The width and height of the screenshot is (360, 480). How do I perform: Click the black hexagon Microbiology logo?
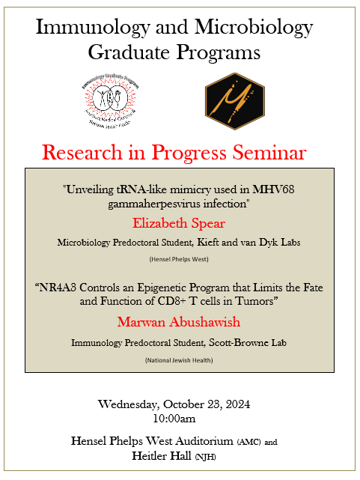coord(234,100)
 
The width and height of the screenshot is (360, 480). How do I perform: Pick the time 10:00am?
coord(178,417)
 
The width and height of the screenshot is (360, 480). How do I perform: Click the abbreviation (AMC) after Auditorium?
coord(250,441)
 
